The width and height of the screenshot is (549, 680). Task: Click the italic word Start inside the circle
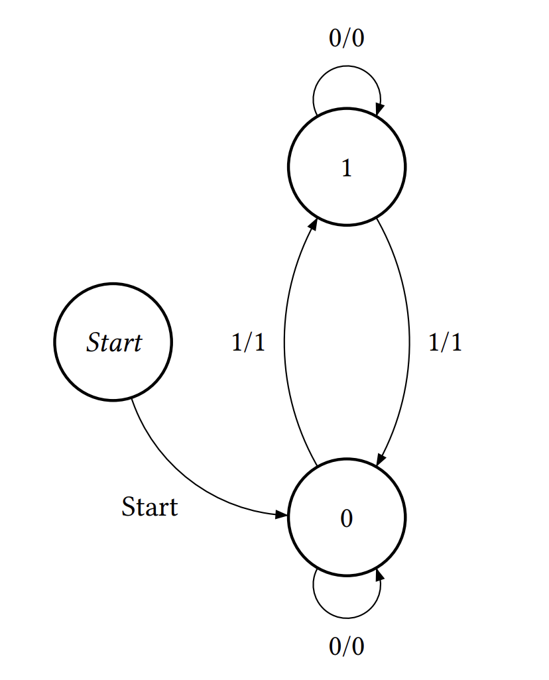[114, 343]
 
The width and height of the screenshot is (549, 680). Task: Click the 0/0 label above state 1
[346, 39]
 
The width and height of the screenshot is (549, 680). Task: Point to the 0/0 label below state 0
[346, 646]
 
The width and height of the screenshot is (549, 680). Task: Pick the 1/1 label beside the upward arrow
[248, 343]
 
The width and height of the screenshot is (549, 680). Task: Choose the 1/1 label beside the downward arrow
[445, 343]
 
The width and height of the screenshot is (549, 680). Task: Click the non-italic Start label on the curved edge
[150, 507]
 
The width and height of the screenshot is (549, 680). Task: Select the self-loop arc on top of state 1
[347, 67]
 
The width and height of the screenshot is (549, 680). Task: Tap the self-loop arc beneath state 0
[346, 617]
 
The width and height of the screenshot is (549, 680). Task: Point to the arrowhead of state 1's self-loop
[380, 110]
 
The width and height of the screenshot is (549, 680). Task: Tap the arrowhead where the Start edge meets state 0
[283, 514]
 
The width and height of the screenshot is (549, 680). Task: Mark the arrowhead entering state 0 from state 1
[381, 461]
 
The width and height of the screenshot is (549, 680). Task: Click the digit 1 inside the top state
[346, 170]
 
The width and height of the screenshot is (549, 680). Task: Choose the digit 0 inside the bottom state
[346, 519]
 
